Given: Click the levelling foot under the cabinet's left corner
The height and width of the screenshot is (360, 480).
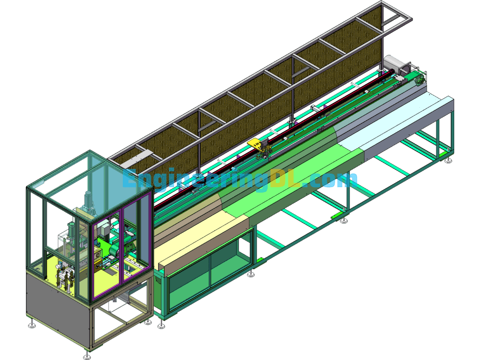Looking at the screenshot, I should (x=32, y=323).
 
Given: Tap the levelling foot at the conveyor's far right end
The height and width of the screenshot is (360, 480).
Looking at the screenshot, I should (x=449, y=160).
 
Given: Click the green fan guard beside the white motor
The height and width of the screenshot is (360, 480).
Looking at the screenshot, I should (x=420, y=77).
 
